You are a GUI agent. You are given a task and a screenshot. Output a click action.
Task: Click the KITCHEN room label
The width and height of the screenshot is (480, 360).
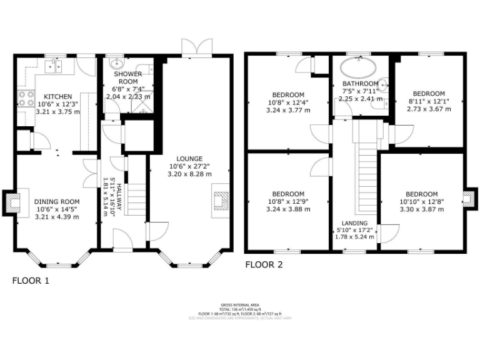click(x=57, y=96)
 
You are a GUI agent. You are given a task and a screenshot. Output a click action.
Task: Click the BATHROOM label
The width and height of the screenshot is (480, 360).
click(x=360, y=84)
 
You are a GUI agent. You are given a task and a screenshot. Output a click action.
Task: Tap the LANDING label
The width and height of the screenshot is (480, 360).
click(x=354, y=223)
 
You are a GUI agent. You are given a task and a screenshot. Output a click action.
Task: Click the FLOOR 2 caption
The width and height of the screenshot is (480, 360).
click(x=263, y=264)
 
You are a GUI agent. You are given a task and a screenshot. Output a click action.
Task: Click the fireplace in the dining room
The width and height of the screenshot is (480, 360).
click(x=12, y=201)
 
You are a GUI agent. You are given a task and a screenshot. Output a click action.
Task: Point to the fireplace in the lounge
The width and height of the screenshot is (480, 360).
click(x=221, y=198)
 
